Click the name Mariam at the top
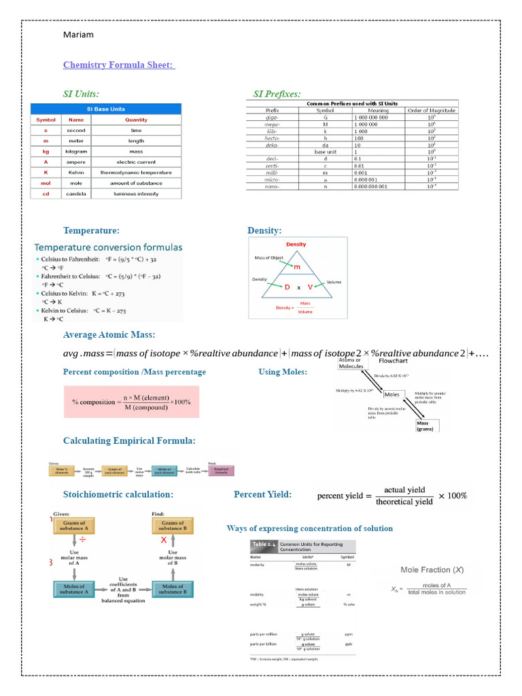click(78, 35)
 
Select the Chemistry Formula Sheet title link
click(119, 65)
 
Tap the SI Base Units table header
click(105, 109)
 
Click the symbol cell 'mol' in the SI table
click(46, 184)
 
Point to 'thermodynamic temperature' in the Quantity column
click(136, 173)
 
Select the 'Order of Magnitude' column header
click(431, 110)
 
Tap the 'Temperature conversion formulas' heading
click(109, 247)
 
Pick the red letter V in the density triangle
click(310, 288)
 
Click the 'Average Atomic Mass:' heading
click(109, 334)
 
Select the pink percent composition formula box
click(131, 401)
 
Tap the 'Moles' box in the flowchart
click(392, 394)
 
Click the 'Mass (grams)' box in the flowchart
click(428, 425)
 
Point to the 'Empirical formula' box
click(222, 470)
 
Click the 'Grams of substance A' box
click(75, 525)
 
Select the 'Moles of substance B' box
click(173, 589)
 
